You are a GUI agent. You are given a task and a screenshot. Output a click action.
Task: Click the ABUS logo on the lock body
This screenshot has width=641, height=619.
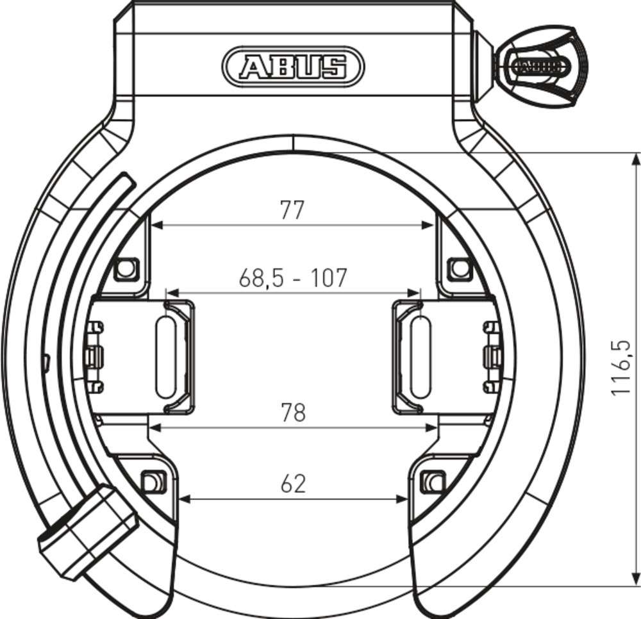293,66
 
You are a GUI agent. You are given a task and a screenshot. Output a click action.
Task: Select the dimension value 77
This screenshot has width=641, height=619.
292,210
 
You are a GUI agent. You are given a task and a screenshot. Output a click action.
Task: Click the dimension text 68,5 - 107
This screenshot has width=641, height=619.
293,278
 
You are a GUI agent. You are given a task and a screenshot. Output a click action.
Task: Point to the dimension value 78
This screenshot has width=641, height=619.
293,413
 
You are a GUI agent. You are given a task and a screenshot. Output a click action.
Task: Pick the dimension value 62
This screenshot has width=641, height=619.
293,484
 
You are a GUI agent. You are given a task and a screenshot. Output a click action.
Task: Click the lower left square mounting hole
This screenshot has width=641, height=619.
152,481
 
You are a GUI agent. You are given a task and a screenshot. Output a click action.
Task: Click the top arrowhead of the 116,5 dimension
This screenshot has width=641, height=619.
635,158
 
